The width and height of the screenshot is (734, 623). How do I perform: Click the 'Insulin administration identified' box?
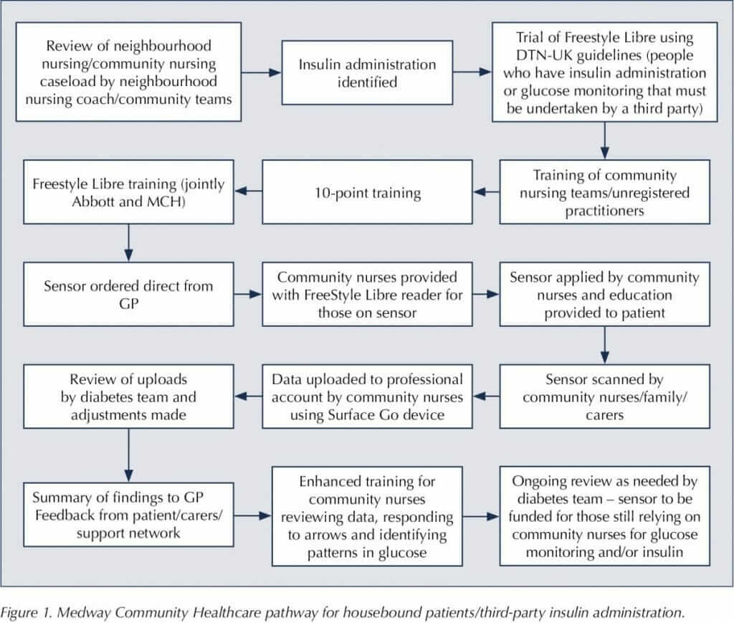pos(367,72)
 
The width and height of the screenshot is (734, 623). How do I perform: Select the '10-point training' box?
pos(367,192)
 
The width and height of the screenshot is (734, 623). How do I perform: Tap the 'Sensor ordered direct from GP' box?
pos(128,294)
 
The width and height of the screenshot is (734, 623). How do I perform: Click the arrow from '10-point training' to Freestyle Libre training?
pos(248,191)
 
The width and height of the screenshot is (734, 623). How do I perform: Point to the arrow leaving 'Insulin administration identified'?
pos(472,72)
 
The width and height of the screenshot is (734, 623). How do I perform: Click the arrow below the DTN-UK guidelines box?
pos(604,141)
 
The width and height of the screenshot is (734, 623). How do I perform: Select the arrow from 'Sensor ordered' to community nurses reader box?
pos(248,294)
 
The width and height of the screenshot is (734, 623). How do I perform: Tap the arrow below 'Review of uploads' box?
pos(128,455)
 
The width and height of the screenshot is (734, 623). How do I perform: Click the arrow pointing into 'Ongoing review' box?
pos(481,516)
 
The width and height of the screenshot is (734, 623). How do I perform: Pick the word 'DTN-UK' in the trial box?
pos(544,55)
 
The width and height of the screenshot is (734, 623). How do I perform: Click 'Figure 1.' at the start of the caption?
pos(25,612)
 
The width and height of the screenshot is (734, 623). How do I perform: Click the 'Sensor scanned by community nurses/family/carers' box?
pos(604,396)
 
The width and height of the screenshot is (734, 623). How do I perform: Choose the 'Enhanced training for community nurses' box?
pos(367,516)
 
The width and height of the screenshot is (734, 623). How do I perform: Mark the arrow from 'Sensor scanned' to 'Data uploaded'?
pos(486,396)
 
